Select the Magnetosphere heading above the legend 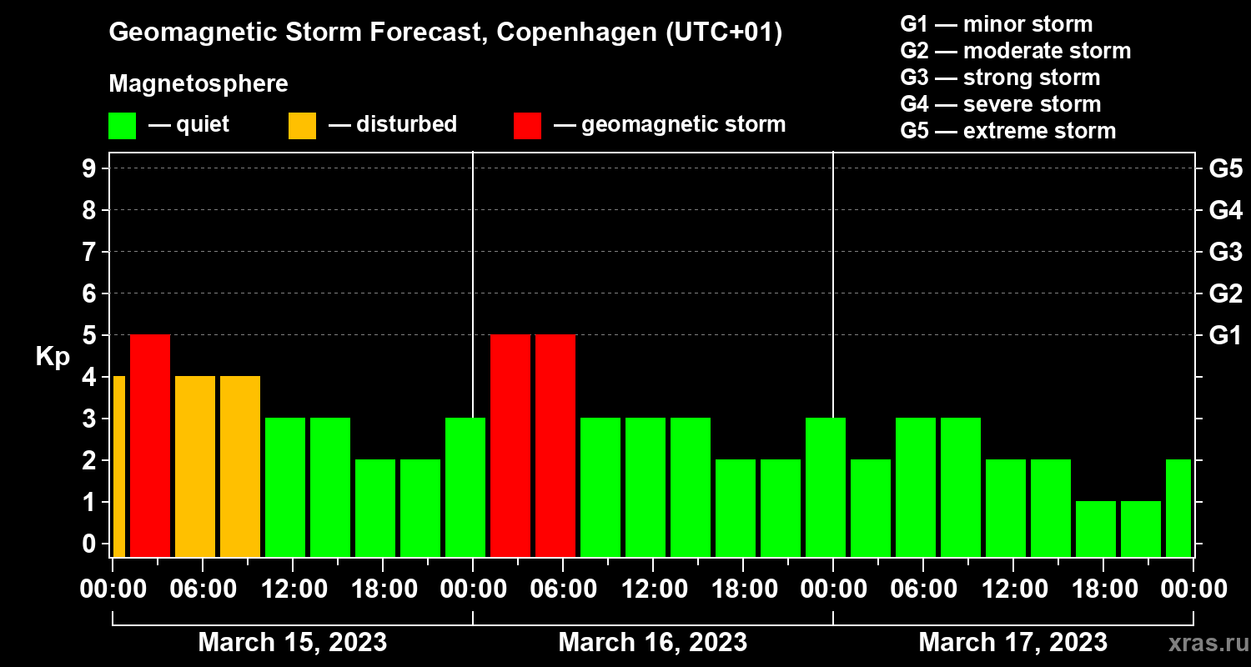[x=198, y=84]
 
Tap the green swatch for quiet [x=122, y=125]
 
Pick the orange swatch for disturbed [x=302, y=125]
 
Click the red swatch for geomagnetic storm [x=527, y=125]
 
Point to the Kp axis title [x=52, y=356]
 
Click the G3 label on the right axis [x=1225, y=252]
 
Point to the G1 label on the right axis [x=1225, y=335]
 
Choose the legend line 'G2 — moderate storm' [x=1016, y=51]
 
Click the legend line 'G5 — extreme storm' [x=1007, y=131]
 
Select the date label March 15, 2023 [x=292, y=643]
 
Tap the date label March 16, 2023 [x=652, y=643]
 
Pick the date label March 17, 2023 [x=1012, y=643]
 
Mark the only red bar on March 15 [x=150, y=445]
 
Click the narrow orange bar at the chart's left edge [x=118, y=466]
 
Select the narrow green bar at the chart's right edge [x=1178, y=508]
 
